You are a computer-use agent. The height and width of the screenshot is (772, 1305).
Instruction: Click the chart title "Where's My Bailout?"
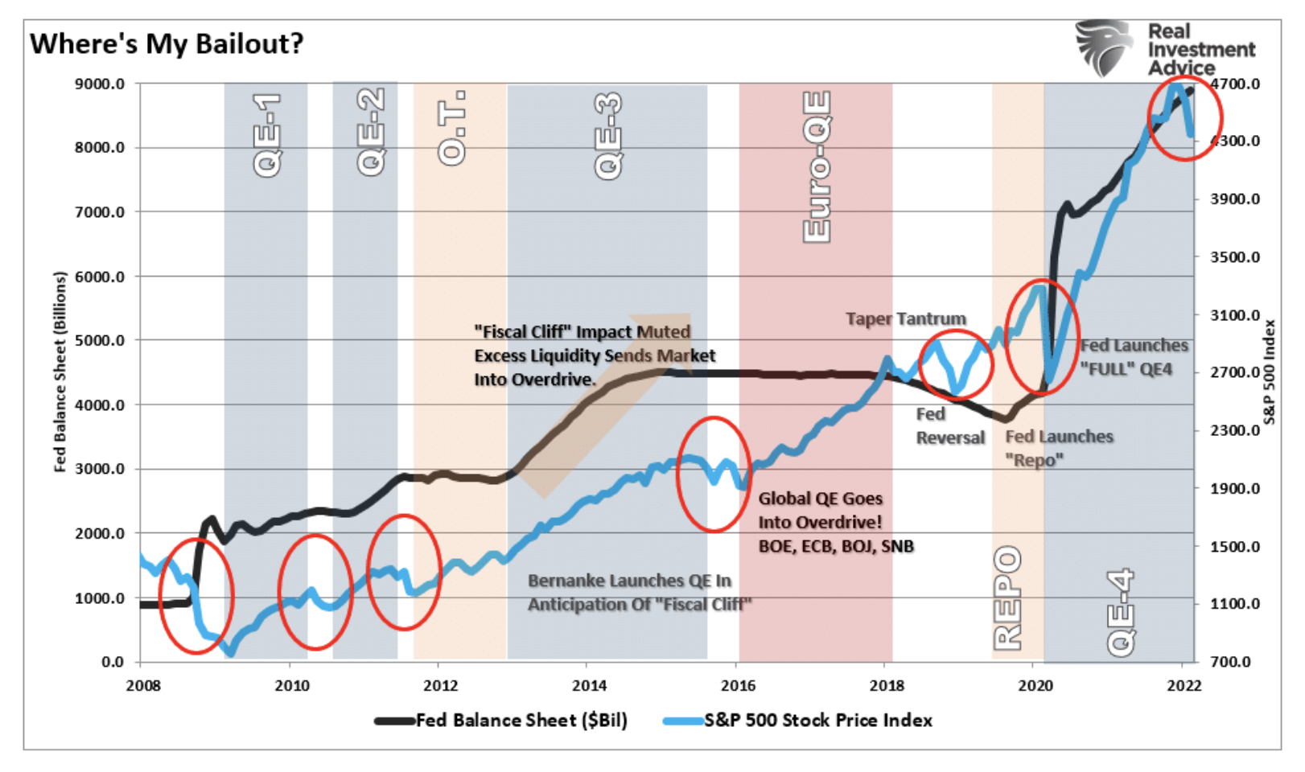coord(167,43)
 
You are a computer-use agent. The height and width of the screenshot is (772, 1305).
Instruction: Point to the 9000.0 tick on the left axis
coord(100,84)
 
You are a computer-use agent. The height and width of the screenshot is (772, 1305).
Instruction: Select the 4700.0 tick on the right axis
coord(1235,84)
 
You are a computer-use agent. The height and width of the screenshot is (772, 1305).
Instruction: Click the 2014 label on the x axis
coord(590,685)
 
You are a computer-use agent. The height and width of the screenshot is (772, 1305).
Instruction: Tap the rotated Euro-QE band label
coord(817,166)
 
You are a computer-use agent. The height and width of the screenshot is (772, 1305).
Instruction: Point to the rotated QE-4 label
coord(1120,612)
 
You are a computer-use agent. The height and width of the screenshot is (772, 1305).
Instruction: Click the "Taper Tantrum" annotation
coord(905,319)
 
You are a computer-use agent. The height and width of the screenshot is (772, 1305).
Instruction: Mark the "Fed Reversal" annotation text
coord(949,426)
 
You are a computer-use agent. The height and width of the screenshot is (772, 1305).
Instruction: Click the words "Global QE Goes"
coord(820,499)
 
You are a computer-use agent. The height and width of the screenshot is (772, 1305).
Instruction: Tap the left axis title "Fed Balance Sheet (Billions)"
coord(60,372)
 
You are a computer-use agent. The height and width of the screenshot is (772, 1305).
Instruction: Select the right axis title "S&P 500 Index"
coord(1270,372)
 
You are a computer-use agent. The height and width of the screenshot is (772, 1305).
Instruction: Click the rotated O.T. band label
coord(452,129)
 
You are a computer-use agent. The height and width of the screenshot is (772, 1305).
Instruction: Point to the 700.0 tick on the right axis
coord(1235,662)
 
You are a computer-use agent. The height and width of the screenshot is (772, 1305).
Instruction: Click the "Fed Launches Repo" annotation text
coord(1059,448)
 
